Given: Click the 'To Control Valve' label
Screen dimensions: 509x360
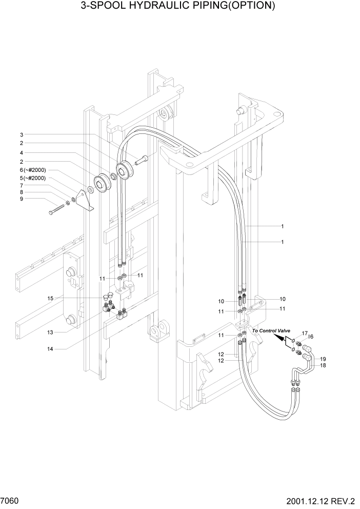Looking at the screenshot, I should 271,331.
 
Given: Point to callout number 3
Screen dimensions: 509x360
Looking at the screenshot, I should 22,134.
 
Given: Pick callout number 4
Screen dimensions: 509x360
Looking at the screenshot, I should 22,153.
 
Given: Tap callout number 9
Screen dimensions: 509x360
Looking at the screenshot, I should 22,200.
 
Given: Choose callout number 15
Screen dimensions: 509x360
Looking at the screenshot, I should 51,299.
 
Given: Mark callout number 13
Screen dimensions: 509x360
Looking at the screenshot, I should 51,332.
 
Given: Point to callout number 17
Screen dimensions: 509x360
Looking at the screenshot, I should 304,334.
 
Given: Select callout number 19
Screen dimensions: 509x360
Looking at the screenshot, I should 323,358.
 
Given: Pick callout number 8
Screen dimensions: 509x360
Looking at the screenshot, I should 22,192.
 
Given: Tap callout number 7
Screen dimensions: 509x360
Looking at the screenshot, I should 22,185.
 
